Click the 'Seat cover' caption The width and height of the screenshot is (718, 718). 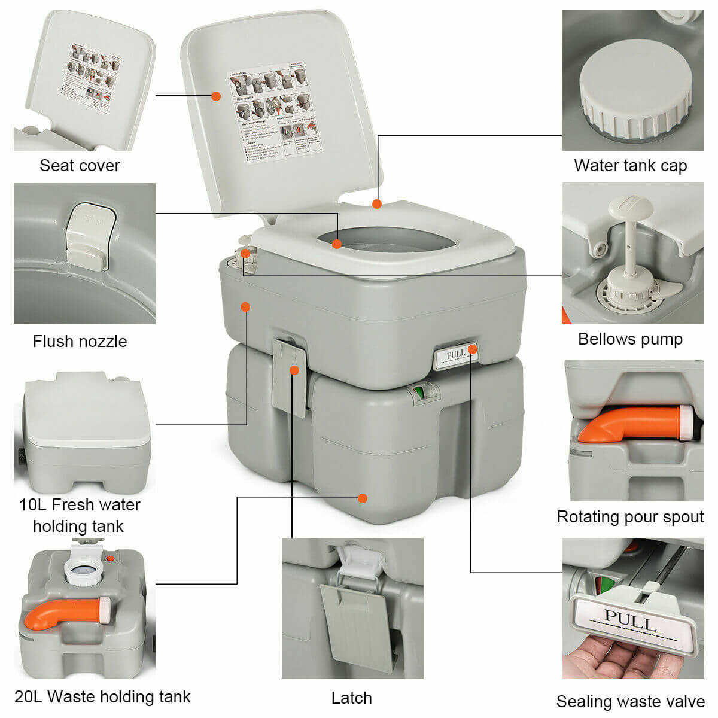(80, 165)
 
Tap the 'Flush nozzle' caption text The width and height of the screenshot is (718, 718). (80, 341)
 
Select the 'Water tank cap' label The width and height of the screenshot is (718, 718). (630, 165)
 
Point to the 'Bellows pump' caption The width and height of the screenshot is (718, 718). (630, 339)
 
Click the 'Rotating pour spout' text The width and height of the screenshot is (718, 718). (630, 516)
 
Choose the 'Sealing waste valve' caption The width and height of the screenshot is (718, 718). (630, 701)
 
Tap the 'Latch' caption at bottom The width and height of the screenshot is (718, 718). (351, 698)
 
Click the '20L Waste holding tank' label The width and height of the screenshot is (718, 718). (102, 696)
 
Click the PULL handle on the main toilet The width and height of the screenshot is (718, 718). (455, 354)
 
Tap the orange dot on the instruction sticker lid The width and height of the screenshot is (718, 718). (216, 96)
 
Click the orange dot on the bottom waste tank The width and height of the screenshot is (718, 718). (362, 498)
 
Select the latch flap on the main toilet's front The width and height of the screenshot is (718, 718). (290, 377)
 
